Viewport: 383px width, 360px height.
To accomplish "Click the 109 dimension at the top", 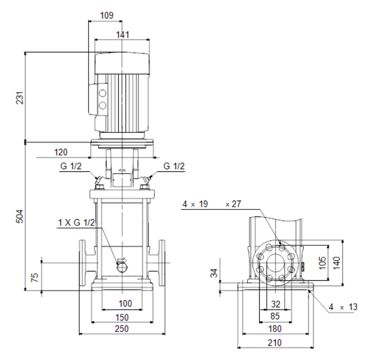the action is [107, 15].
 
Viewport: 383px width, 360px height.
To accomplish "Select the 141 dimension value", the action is [122, 35].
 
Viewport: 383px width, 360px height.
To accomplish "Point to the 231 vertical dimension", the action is [20, 98].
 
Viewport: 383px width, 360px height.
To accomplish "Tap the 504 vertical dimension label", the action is [20, 216].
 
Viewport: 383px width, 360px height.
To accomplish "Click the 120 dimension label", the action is [61, 152].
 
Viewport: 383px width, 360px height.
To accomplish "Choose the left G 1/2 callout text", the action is [71, 166].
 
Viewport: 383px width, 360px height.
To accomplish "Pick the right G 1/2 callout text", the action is [174, 166].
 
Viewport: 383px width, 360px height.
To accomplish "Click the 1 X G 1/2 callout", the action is [76, 223].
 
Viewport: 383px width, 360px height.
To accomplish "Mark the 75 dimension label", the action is [35, 278].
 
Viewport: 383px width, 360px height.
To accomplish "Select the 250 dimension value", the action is [121, 329].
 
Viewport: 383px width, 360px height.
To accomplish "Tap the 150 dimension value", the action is [121, 317].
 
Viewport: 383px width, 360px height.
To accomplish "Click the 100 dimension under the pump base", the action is [125, 304].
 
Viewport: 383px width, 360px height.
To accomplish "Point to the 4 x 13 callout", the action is [343, 307].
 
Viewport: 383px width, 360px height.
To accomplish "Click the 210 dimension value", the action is [275, 343].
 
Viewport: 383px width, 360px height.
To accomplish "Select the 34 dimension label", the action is [214, 273].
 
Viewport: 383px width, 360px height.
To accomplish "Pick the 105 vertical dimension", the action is [322, 263].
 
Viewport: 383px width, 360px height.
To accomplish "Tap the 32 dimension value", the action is [276, 304].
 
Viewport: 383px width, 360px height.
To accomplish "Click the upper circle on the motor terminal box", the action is [102, 93].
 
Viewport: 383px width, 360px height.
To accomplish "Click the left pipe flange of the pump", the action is [82, 263].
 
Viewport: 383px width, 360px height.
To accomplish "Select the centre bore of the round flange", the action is [276, 263].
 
